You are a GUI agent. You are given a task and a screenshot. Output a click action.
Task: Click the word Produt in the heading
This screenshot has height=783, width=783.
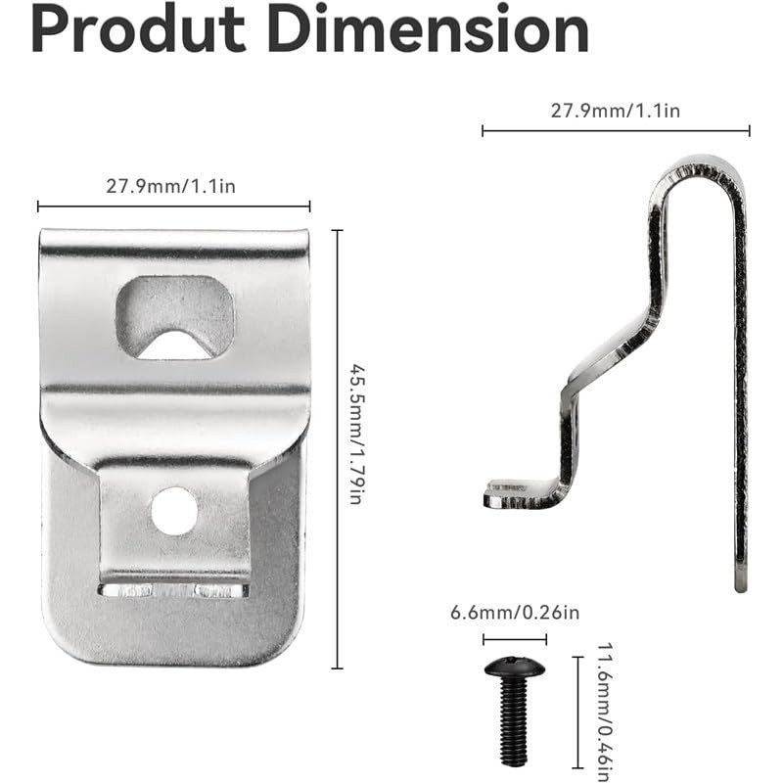(x=138, y=29)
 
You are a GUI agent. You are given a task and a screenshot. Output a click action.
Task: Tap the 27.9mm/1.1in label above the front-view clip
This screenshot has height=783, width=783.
(x=170, y=186)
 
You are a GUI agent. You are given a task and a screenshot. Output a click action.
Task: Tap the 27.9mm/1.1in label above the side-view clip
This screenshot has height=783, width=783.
(x=616, y=111)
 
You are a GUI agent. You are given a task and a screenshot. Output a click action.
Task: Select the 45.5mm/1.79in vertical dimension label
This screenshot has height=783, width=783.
(x=357, y=435)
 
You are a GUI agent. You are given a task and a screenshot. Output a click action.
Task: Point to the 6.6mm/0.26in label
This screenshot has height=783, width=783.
(x=515, y=613)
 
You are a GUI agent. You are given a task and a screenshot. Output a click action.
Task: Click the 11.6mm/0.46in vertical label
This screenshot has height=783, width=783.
(x=605, y=713)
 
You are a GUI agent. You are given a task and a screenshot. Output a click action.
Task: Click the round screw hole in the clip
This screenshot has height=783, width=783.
(x=174, y=511)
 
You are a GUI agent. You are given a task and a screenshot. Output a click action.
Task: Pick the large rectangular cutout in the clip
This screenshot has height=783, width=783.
(x=175, y=316)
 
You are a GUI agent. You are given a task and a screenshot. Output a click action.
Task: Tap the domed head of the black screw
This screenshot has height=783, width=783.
(x=515, y=668)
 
